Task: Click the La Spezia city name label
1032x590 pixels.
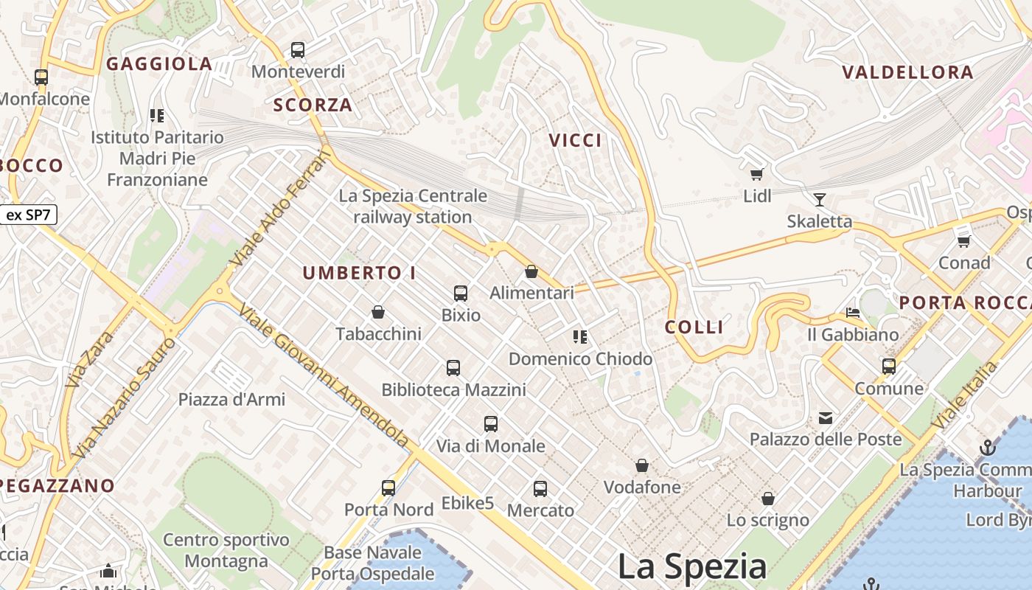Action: [x=691, y=566]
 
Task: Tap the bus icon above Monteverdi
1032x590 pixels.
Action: [x=298, y=50]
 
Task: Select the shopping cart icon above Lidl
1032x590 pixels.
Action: [x=756, y=174]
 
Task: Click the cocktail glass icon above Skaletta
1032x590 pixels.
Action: [x=819, y=199]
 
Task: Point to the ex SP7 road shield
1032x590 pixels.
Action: [x=28, y=215]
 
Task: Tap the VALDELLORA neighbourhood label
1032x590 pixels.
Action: [x=907, y=72]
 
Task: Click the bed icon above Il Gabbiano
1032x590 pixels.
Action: [x=853, y=313]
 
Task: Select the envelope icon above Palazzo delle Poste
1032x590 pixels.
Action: [x=826, y=419]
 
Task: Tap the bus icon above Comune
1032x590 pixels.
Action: [x=889, y=366]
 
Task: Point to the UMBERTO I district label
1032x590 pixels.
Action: [x=359, y=273]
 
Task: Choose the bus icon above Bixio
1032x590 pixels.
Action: [x=461, y=294]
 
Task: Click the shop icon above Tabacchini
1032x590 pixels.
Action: [x=378, y=313]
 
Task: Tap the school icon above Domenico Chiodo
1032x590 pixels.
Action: [x=580, y=337]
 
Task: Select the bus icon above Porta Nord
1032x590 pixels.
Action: [x=388, y=487]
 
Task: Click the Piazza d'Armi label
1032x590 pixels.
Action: [x=231, y=400]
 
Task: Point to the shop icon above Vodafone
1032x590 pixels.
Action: [x=642, y=465]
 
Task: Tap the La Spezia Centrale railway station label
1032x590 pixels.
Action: [x=413, y=206]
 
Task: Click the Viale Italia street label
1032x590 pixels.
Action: [x=964, y=395]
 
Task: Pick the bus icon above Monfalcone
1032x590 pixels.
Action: [x=41, y=77]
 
